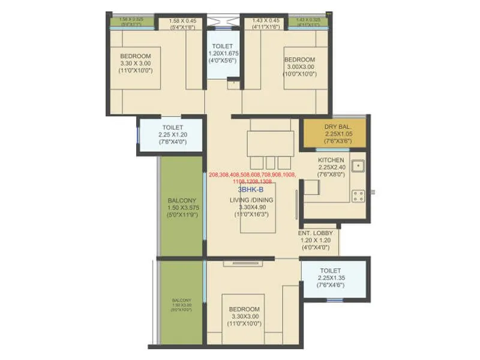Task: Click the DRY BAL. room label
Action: coord(334,127)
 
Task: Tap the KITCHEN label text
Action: coord(331,160)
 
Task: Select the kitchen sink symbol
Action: coord(358,166)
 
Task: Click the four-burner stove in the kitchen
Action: coord(358,196)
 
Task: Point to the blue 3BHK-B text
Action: coord(251,188)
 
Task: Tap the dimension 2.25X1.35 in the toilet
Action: coord(331,278)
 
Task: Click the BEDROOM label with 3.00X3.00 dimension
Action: coord(299,59)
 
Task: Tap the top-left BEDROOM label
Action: coord(136,56)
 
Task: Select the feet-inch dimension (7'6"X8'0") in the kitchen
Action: coord(331,175)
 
